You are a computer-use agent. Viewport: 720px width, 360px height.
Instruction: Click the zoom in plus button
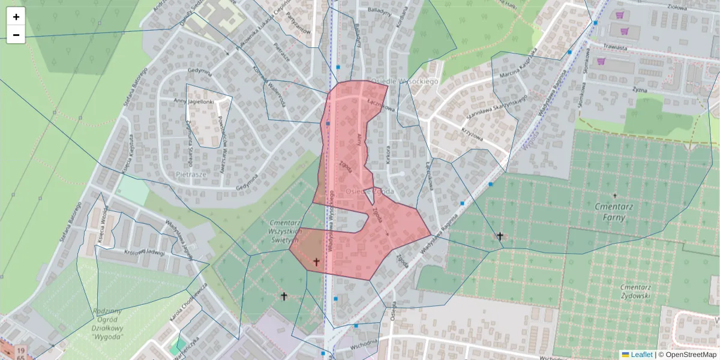16,17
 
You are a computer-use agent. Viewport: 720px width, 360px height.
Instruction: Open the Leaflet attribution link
641,355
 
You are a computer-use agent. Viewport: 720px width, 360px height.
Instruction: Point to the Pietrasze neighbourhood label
191,174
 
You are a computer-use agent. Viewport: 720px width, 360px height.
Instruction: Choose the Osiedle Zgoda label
370,191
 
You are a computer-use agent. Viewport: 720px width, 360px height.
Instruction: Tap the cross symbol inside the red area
316,262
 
